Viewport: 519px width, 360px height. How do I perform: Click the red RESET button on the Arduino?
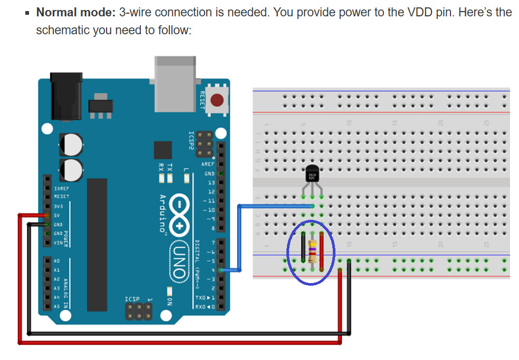pyautogui.click(x=216, y=100)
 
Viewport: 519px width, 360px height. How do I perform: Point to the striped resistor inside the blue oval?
pyautogui.click(x=313, y=251)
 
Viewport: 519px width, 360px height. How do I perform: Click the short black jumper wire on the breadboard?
pyautogui.click(x=303, y=247)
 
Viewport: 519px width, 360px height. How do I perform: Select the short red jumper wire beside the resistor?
pyautogui.click(x=321, y=248)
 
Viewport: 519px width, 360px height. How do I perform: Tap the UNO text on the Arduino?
pyautogui.click(x=178, y=261)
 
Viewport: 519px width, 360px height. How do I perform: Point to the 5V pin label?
pyautogui.click(x=56, y=215)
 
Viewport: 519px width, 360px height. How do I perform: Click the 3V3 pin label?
pyautogui.click(x=57, y=206)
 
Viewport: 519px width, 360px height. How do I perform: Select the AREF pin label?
pyautogui.click(x=208, y=164)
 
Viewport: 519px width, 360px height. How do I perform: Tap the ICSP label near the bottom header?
pyautogui.click(x=132, y=299)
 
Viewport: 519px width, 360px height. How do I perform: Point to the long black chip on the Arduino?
pyautogui.click(x=97, y=245)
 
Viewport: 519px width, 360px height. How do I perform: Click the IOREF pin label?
pyautogui.click(x=61, y=188)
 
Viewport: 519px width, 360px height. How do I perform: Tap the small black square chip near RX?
pyautogui.click(x=163, y=150)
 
